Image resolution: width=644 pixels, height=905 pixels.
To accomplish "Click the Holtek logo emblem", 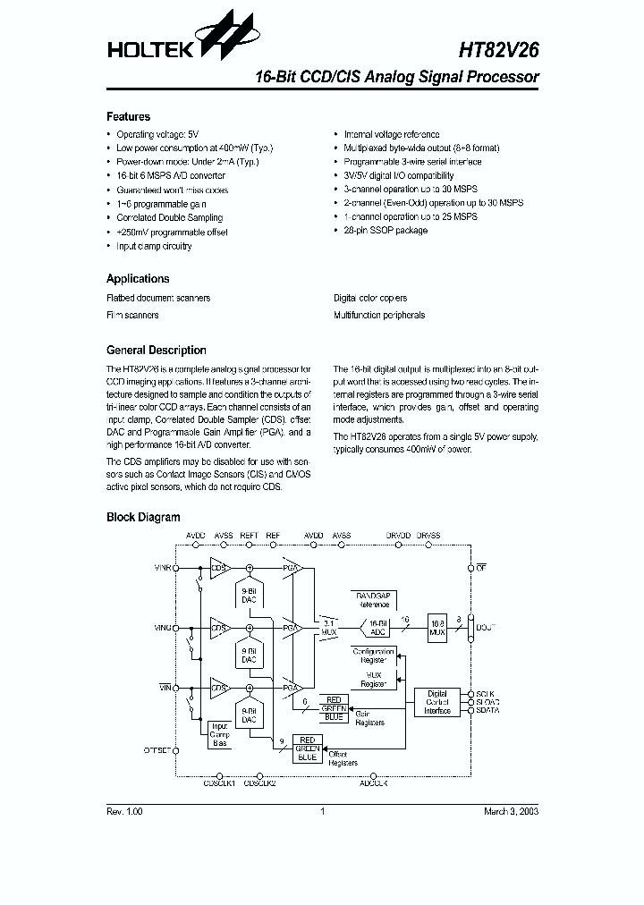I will pos(226,36).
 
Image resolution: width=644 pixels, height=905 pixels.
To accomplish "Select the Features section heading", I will pos(128,116).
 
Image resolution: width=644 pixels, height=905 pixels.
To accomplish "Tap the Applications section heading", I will pos(138,278).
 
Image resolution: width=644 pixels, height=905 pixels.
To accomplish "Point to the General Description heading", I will pos(156,351).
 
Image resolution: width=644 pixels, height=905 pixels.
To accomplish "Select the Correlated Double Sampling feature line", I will pos(169,217).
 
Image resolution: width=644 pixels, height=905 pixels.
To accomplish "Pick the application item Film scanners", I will pos(132,315).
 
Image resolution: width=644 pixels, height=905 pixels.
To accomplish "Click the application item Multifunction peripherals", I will pos(379,315).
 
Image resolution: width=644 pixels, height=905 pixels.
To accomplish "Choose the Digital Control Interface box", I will pos(437,703).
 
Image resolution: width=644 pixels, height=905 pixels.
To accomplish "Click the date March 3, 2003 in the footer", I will pos(511,811).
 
